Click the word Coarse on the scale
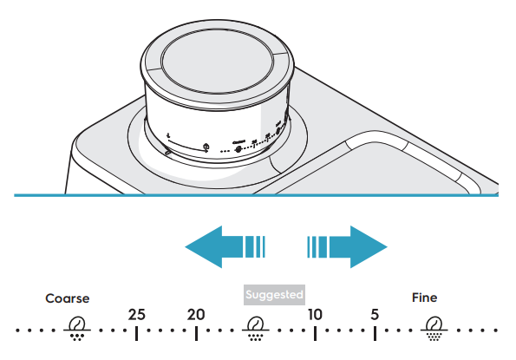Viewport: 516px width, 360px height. pos(67,298)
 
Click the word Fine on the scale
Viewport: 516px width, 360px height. pos(425,298)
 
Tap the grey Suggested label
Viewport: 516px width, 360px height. pos(274,295)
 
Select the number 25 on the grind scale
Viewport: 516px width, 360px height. pos(136,315)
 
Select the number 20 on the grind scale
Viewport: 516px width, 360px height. pos(196,315)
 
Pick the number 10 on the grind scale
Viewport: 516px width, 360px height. pos(315,315)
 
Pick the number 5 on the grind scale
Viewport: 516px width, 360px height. pos(375,315)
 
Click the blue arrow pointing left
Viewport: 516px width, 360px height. pos(225,247)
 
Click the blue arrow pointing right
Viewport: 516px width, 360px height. pos(347,247)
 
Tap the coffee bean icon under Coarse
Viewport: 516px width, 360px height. pos(77,329)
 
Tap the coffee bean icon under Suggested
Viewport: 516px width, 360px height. pos(256,329)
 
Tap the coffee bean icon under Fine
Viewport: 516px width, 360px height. pos(434,329)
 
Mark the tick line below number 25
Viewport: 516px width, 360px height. pos(136,333)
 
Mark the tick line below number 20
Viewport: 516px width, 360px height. pos(196,333)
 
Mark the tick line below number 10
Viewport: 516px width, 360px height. pos(315,333)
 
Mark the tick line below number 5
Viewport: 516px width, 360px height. pos(375,333)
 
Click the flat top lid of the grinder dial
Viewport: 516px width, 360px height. pos(217,62)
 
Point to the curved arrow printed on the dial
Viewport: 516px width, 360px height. pos(187,145)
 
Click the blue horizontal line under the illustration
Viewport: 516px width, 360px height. pos(256,195)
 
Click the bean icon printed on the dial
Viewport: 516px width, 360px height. pos(238,149)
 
